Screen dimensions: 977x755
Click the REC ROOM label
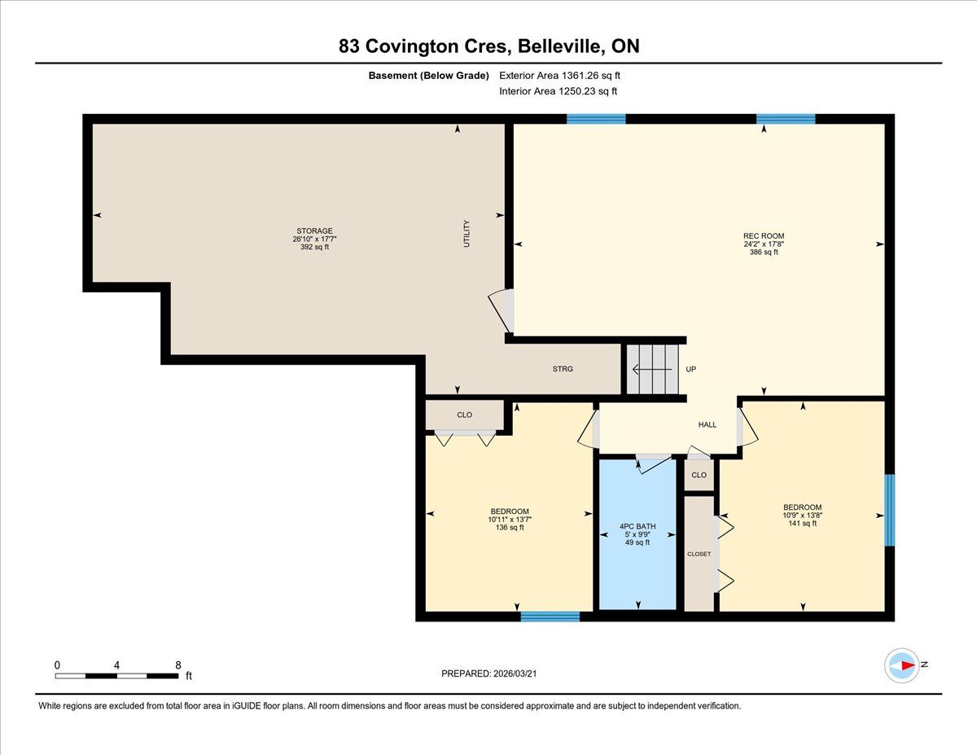pos(764,235)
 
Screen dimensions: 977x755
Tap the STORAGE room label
pos(314,230)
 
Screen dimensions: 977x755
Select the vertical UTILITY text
pos(467,234)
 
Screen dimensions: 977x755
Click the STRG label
pos(563,369)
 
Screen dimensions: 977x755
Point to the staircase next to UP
pos(652,369)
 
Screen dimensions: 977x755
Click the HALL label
pos(708,424)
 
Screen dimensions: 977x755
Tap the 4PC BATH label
pos(637,526)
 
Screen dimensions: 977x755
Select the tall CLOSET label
pos(699,554)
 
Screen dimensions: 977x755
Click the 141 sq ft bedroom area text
pos(803,524)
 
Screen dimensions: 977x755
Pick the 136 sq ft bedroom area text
pos(510,528)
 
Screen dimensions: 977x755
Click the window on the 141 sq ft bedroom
pos(889,510)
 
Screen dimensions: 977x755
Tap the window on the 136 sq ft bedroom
pos(550,617)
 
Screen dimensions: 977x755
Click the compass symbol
pos(901,665)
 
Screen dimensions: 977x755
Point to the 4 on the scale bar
pos(117,665)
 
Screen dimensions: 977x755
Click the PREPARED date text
pos(489,674)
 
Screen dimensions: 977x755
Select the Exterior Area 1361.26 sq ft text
pos(559,76)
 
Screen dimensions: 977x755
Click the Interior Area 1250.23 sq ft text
pos(558,91)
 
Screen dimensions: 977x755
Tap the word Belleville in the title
pos(559,46)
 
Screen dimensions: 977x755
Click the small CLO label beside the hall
pos(699,475)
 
